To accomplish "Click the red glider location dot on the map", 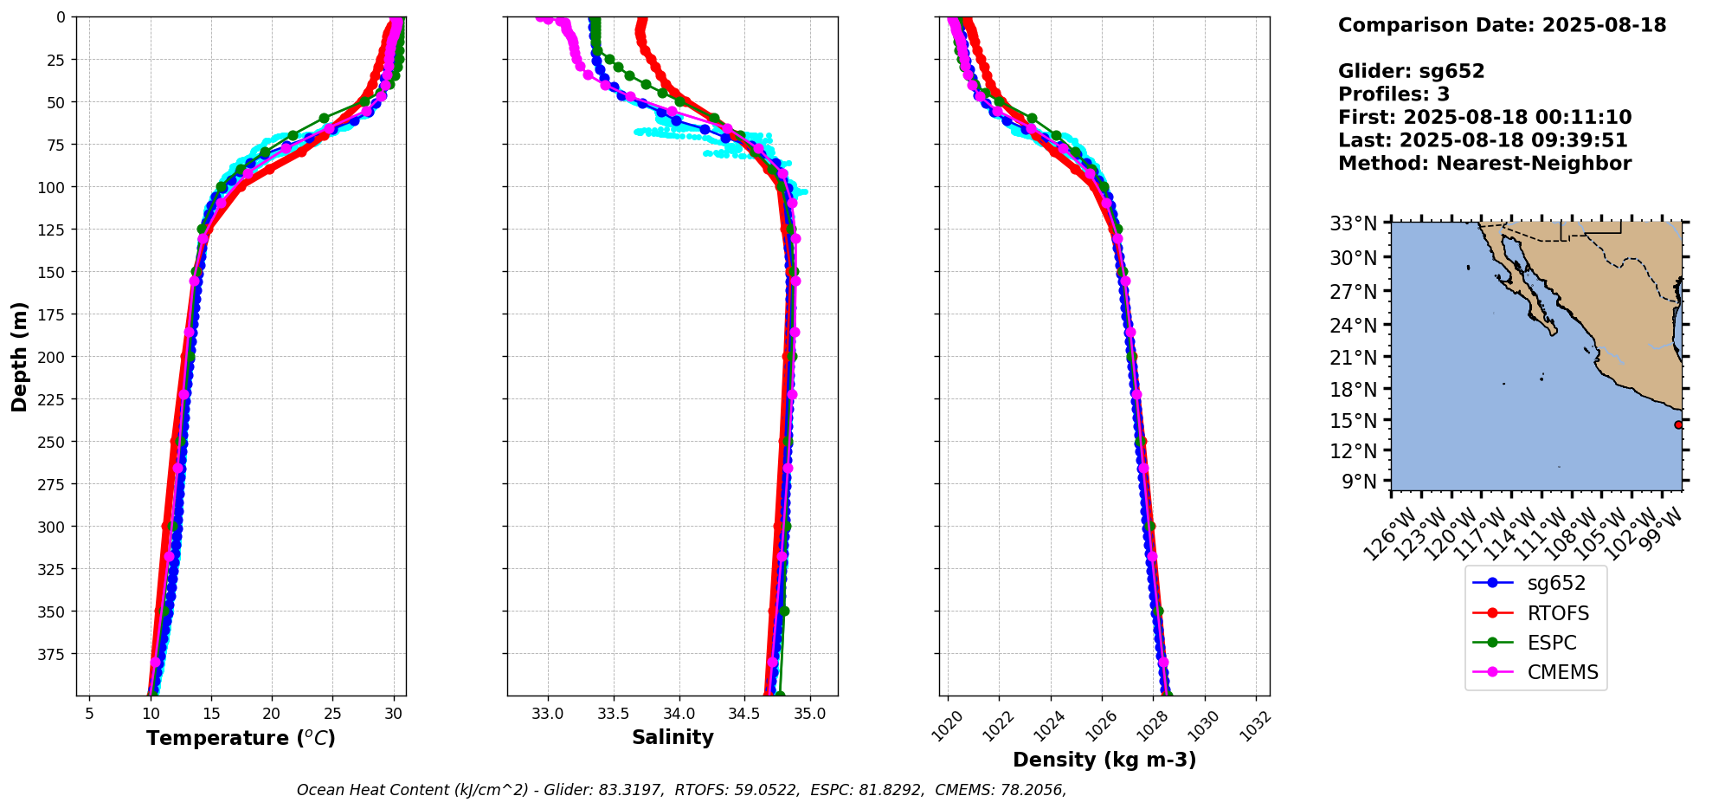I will (x=1678, y=424).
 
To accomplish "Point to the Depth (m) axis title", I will (x=20, y=356).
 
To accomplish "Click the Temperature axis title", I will (x=241, y=738).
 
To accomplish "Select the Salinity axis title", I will (x=673, y=738).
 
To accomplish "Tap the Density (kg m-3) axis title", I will (x=1104, y=760).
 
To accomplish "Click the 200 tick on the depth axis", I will (x=54, y=357).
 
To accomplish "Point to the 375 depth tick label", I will (x=54, y=654).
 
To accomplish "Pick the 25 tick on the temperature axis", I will (x=333, y=713).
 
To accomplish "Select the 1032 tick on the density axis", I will (x=1255, y=726).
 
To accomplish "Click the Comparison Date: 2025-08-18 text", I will (x=1502, y=25).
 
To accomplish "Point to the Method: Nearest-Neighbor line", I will (x=1484, y=164).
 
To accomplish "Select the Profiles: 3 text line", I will (x=1393, y=94).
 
